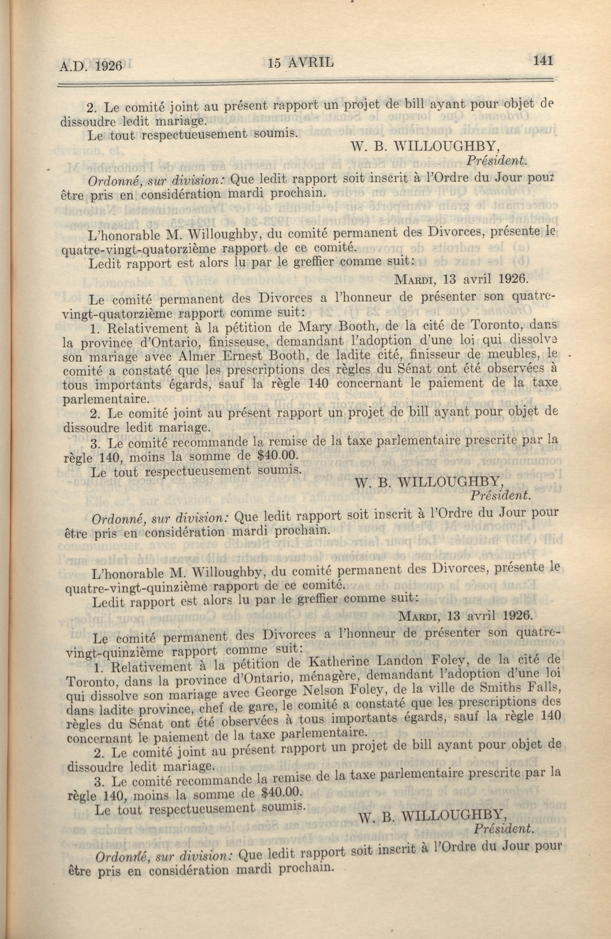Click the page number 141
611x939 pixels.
[543, 61]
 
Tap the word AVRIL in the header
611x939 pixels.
[312, 62]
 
